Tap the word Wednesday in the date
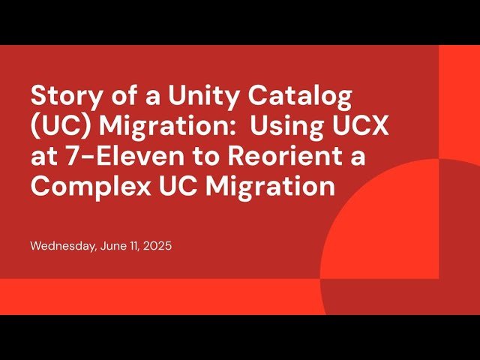click(x=63, y=245)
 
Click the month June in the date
click(x=113, y=245)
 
